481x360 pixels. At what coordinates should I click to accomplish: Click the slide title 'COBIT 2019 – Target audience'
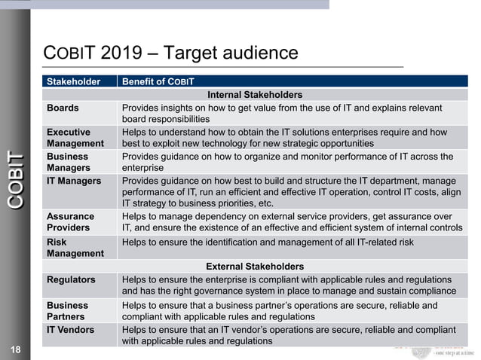click(x=171, y=53)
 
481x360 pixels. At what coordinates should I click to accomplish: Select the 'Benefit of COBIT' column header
click(x=158, y=81)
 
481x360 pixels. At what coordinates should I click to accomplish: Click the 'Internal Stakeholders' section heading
click(x=255, y=95)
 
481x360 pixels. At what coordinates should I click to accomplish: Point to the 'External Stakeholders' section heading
click(x=255, y=267)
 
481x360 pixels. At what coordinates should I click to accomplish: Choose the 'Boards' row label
click(x=63, y=108)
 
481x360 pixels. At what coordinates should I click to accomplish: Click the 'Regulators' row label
click(x=72, y=279)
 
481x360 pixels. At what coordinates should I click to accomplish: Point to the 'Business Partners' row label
click(x=68, y=311)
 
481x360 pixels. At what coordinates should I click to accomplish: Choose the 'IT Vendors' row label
click(x=72, y=329)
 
